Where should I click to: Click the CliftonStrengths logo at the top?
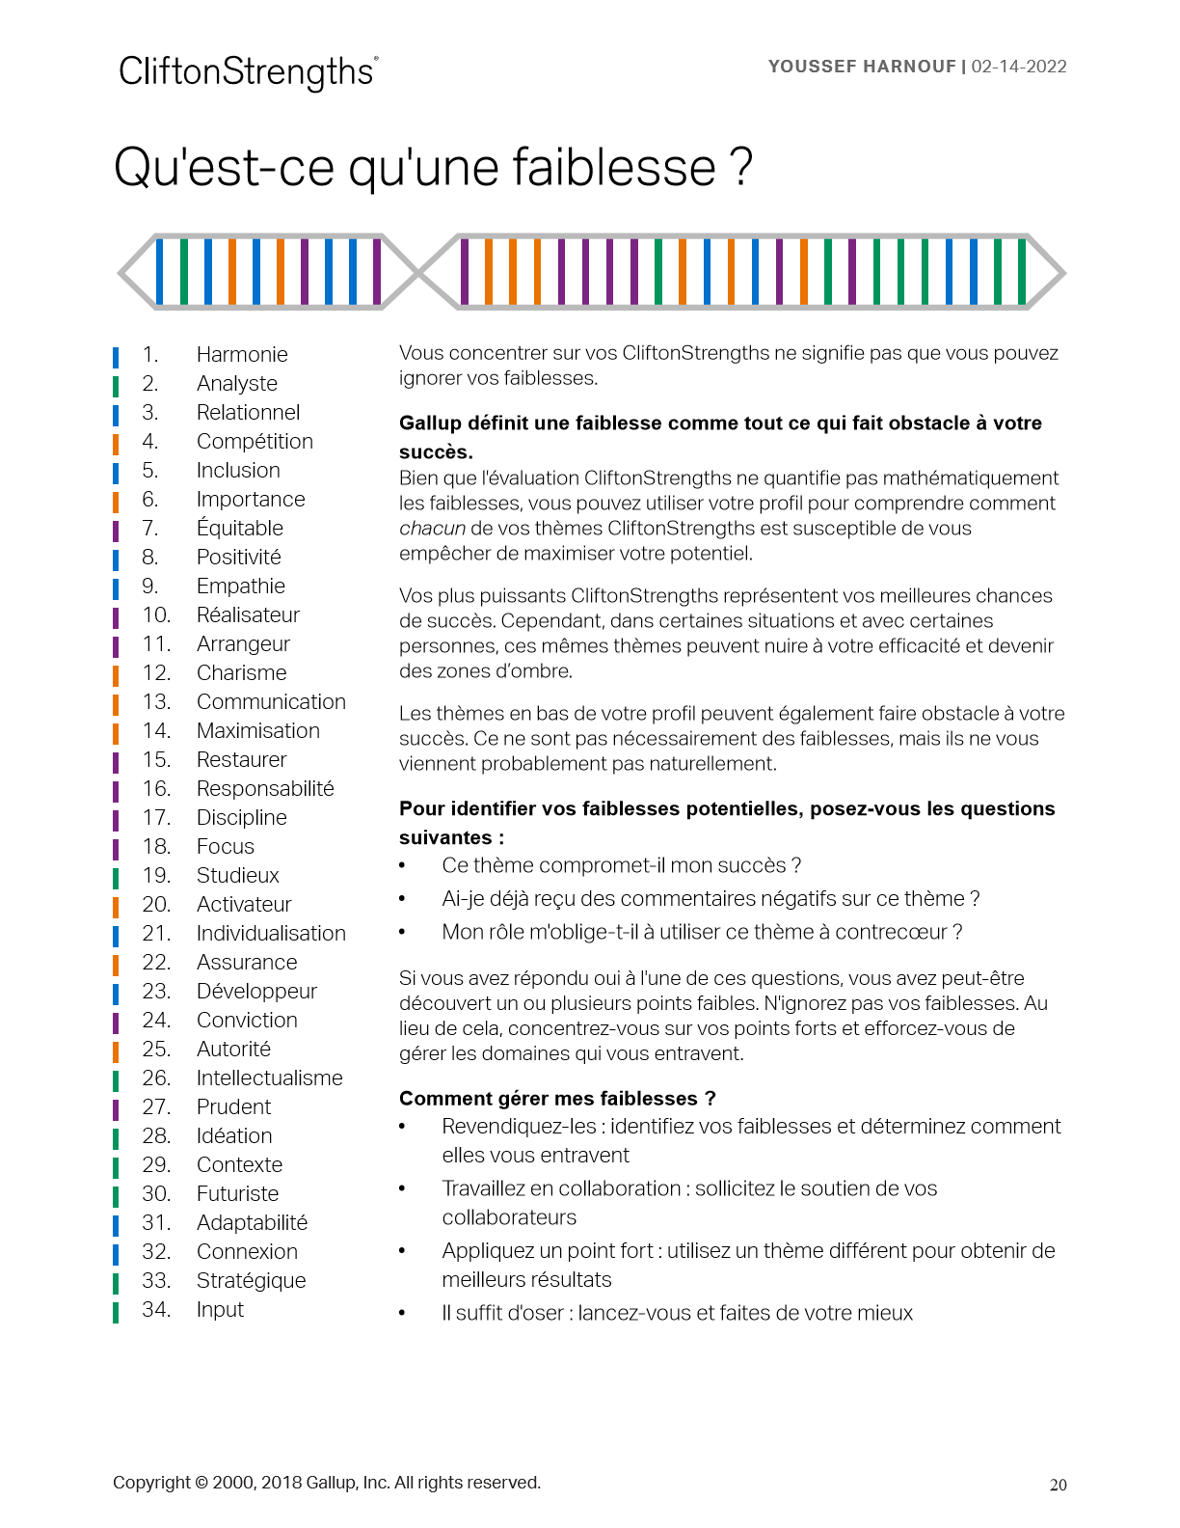point(248,72)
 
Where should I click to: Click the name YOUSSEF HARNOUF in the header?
point(861,67)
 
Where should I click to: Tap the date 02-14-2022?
point(1019,67)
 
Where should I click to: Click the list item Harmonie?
point(242,355)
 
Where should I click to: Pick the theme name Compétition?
point(255,442)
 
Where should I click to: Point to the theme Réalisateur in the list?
point(248,615)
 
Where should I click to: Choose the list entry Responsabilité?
point(265,789)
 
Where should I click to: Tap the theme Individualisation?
point(271,934)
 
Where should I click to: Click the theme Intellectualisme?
point(269,1078)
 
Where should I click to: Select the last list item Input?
point(220,1310)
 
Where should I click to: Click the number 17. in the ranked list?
point(156,818)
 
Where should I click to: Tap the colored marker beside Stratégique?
point(116,1282)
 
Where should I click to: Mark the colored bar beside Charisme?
point(116,674)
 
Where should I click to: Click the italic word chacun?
point(432,529)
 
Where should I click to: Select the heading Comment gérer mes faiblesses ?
point(557,1099)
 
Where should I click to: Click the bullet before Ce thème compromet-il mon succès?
point(403,866)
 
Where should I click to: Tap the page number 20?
point(1058,1486)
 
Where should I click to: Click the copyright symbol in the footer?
point(201,1483)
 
